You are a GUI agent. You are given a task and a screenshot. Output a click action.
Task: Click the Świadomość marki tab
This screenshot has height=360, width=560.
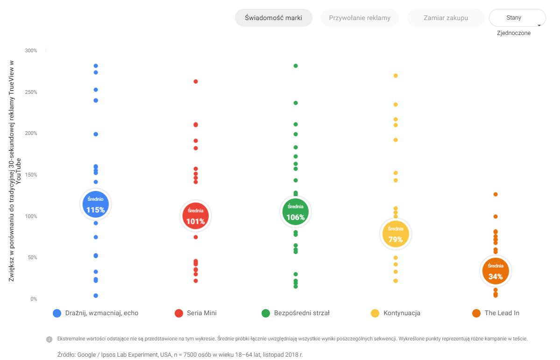(x=273, y=18)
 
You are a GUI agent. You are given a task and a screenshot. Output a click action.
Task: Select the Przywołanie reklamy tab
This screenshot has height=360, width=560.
(x=360, y=18)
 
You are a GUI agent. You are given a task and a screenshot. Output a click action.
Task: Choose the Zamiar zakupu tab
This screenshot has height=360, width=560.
(x=446, y=18)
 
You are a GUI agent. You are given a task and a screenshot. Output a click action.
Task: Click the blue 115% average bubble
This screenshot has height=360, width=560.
(x=95, y=204)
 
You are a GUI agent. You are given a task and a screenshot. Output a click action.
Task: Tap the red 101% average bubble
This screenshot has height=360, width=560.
(x=195, y=216)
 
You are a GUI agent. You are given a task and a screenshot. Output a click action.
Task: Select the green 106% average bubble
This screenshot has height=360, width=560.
(x=295, y=212)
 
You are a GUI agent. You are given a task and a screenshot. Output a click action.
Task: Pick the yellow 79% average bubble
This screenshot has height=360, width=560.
(x=396, y=234)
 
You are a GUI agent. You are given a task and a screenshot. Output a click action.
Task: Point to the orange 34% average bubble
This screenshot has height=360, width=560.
(x=496, y=271)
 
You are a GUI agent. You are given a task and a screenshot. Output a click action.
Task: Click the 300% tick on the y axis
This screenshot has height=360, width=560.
(x=31, y=50)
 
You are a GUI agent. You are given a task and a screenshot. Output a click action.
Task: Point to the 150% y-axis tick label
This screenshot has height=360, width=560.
(x=31, y=175)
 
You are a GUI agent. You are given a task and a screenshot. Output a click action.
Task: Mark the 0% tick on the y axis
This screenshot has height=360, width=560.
(x=33, y=299)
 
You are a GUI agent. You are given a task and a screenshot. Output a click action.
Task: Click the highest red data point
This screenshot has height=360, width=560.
(x=196, y=81)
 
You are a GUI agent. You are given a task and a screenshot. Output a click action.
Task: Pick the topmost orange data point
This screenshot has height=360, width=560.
(x=496, y=194)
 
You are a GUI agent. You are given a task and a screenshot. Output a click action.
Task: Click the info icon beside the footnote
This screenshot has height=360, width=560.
(x=49, y=339)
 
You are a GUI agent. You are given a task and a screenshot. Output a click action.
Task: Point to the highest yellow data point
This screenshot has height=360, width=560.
(x=396, y=76)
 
